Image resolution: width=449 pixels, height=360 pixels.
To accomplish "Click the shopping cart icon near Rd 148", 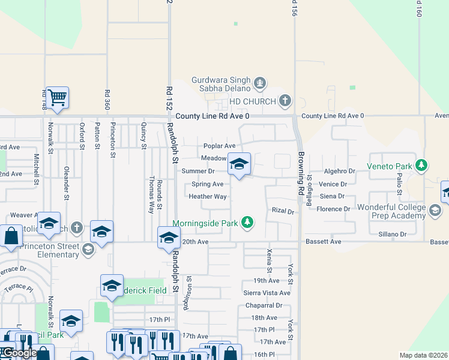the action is point(57,97).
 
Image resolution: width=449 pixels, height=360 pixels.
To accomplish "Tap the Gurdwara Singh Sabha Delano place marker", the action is point(260,83).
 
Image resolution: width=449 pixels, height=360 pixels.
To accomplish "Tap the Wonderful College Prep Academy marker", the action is point(435,211).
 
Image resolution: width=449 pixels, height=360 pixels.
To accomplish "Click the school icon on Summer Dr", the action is point(239,164).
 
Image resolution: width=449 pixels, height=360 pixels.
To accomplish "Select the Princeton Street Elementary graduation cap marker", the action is point(88,249).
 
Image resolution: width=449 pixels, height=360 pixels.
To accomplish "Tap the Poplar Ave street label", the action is point(219,146).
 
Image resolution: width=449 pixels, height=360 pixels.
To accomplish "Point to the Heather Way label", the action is point(208,196).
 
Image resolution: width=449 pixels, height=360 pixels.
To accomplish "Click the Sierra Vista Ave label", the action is point(267,293).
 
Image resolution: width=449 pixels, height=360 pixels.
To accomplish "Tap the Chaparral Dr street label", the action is point(264,305).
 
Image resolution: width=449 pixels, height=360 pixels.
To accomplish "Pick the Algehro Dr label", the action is point(340,172).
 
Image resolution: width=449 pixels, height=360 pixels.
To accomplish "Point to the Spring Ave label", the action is point(207,184).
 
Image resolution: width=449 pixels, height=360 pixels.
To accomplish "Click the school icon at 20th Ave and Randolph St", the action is point(169,238).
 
